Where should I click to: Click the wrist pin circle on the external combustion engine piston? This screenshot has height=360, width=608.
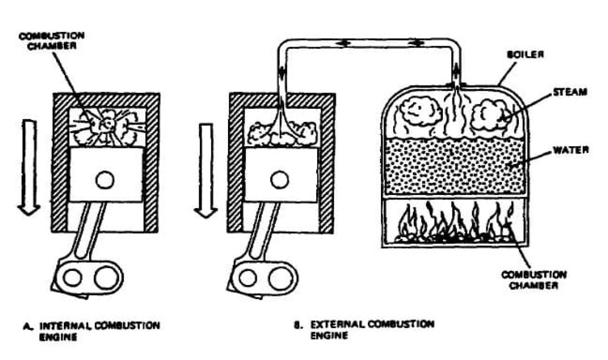[x=278, y=179]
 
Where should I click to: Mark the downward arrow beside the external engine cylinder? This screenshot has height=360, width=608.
[x=206, y=170]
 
